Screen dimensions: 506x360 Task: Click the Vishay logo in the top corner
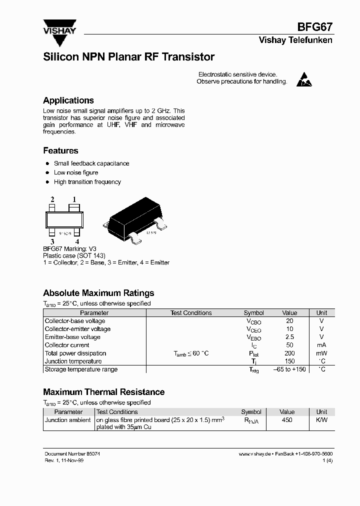(59, 27)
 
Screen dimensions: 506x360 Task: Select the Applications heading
(68, 100)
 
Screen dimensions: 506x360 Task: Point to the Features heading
(60, 150)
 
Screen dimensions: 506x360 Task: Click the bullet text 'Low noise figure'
(76, 172)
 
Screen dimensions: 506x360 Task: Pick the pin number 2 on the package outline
(52, 199)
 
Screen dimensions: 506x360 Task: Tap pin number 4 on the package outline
(76, 241)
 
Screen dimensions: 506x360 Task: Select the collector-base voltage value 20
(289, 321)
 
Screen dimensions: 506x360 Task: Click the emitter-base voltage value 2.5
(289, 337)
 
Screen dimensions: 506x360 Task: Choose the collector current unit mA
(321, 345)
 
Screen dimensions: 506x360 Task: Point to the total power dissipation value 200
(289, 353)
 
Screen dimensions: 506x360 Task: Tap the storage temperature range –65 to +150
(289, 369)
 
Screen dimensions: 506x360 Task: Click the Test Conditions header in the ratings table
(191, 313)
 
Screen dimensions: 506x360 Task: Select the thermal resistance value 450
(287, 420)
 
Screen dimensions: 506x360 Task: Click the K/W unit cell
(321, 420)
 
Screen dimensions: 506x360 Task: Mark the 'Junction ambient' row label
(68, 420)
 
